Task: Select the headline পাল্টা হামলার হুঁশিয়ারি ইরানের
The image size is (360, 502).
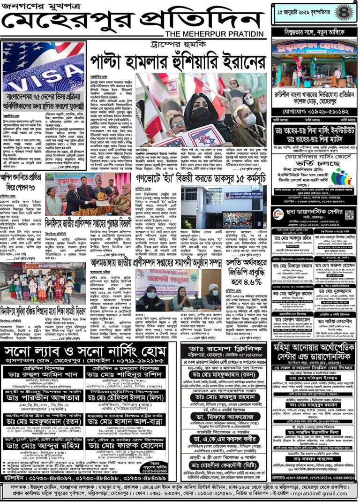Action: [178, 60]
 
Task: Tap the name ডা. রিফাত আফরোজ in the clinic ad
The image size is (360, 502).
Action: [225, 418]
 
